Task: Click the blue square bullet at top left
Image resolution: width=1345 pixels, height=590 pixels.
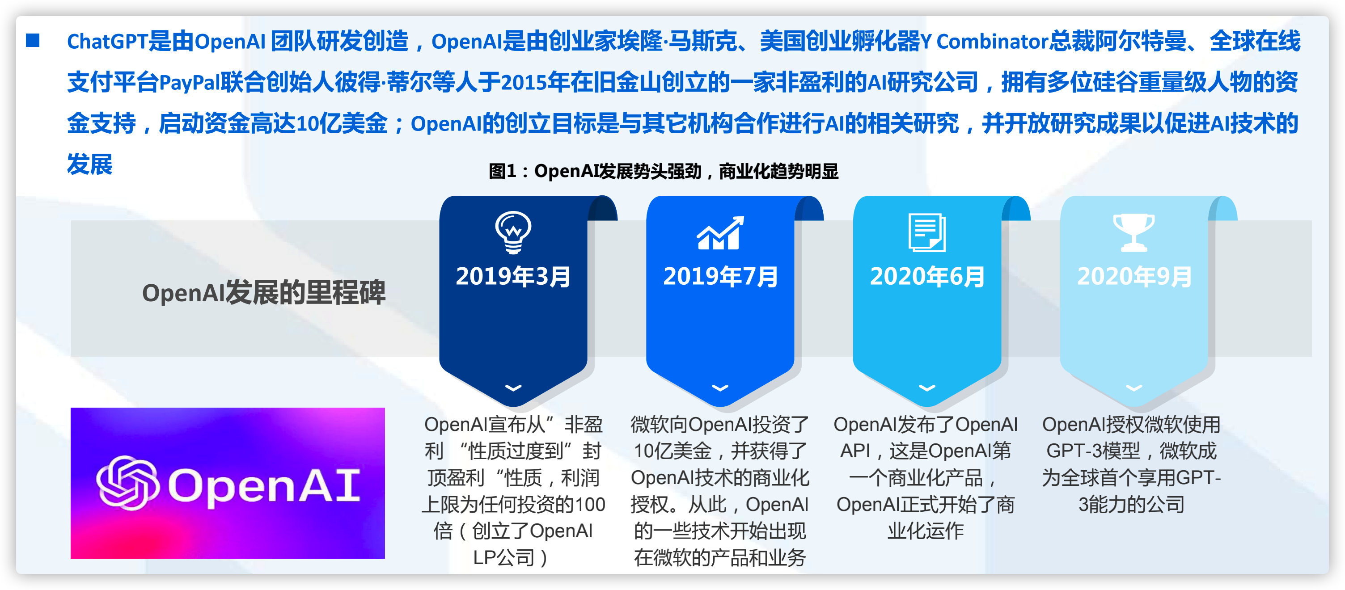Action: click(33, 40)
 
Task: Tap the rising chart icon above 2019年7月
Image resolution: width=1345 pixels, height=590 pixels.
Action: click(720, 233)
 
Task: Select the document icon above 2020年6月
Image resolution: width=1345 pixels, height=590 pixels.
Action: click(927, 232)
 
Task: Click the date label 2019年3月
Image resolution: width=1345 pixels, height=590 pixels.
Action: click(513, 276)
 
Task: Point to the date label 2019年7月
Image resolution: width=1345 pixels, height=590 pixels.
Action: click(720, 276)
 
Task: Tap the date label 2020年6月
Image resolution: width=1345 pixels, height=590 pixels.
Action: click(927, 276)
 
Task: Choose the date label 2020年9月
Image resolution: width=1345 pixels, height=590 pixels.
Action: click(1134, 276)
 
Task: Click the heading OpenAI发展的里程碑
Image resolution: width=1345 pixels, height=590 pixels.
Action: click(264, 292)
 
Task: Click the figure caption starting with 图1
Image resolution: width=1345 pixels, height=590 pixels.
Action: click(664, 171)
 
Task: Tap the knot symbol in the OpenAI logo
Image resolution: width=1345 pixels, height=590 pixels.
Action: click(128, 482)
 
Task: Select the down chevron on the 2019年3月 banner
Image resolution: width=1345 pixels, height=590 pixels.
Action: click(513, 388)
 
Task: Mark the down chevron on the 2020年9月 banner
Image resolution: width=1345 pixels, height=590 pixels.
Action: click(1134, 388)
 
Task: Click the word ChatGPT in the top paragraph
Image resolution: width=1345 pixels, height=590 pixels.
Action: click(108, 41)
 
